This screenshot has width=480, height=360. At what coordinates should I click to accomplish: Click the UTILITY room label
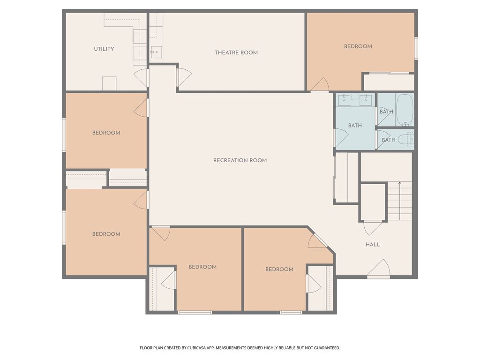[104, 49]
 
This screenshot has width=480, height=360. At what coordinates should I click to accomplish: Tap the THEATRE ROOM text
[236, 52]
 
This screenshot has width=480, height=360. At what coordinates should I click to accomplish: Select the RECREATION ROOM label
[240, 160]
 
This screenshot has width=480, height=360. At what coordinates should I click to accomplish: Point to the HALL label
[373, 245]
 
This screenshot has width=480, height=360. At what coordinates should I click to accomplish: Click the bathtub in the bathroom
[404, 110]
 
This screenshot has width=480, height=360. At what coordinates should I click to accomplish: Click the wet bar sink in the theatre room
[155, 52]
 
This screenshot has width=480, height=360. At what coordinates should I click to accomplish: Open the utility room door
[141, 78]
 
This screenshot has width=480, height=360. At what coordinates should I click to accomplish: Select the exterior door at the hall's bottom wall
[379, 270]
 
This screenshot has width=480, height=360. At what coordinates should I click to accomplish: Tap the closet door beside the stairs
[373, 227]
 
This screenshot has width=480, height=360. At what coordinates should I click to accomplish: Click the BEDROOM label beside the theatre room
[358, 46]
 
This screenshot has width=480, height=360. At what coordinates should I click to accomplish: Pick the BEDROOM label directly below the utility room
[106, 133]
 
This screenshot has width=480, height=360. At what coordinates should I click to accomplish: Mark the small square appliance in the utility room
[109, 83]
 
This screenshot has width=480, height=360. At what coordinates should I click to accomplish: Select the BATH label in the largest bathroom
[355, 126]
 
